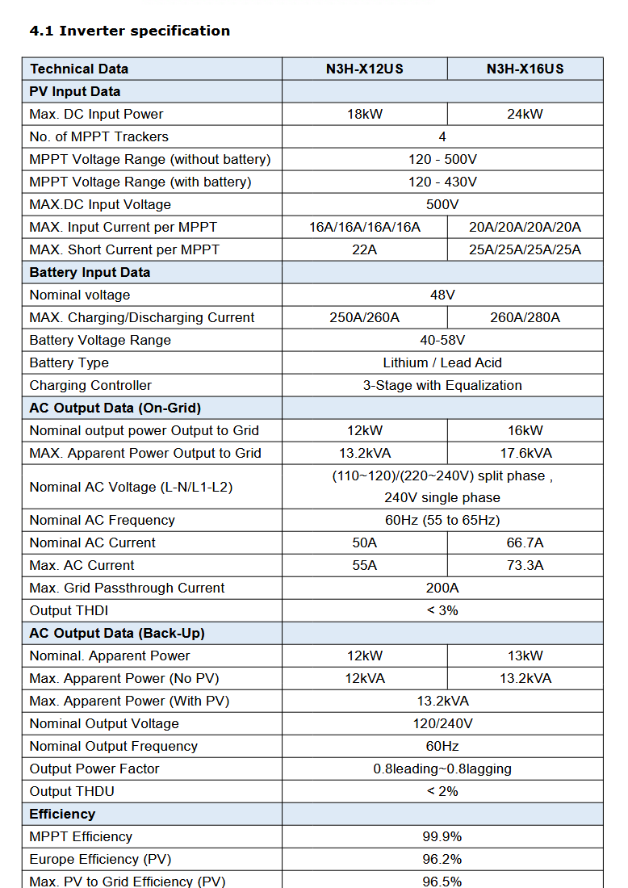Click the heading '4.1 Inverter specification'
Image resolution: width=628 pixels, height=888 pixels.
pyautogui.click(x=129, y=31)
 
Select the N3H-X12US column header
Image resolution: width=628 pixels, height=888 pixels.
pyautogui.click(x=364, y=69)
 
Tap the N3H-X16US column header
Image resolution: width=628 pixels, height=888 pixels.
pyautogui.click(x=525, y=69)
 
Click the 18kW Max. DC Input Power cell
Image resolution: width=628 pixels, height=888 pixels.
pyautogui.click(x=364, y=114)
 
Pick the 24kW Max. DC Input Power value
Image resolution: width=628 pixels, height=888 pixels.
pyautogui.click(x=525, y=114)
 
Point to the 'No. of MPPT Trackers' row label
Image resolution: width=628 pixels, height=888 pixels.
pyautogui.click(x=98, y=136)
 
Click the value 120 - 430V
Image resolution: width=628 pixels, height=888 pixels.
pyautogui.click(x=442, y=182)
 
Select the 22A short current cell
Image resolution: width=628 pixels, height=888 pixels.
pyautogui.click(x=364, y=249)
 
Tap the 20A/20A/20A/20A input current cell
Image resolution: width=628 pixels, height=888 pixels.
pyautogui.click(x=525, y=227)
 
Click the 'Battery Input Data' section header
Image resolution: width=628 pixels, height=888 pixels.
pyautogui.click(x=90, y=272)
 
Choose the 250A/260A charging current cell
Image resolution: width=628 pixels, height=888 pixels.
pyautogui.click(x=364, y=317)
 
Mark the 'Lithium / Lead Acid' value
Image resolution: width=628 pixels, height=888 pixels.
pyautogui.click(x=442, y=362)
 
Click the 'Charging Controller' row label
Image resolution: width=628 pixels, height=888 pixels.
pyautogui.click(x=90, y=385)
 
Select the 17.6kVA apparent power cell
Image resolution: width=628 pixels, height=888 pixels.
pyautogui.click(x=525, y=453)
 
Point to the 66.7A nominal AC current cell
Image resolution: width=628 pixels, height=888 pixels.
pyautogui.click(x=525, y=542)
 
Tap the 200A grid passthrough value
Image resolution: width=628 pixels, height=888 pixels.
pyautogui.click(x=442, y=588)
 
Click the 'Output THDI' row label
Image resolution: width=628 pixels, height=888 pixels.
pyautogui.click(x=69, y=610)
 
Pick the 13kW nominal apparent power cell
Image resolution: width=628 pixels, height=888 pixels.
pyautogui.click(x=525, y=656)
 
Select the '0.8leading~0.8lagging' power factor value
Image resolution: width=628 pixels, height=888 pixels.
pyautogui.click(x=442, y=769)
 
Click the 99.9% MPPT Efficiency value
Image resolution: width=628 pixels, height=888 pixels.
pyautogui.click(x=442, y=836)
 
